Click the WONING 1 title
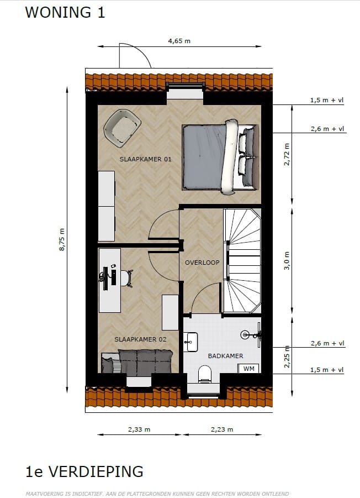click(x=65, y=13)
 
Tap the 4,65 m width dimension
click(x=179, y=41)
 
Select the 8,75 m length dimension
click(x=62, y=240)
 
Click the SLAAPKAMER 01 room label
click(x=146, y=159)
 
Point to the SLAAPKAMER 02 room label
click(x=140, y=339)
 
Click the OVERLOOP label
click(x=202, y=263)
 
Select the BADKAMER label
click(x=225, y=356)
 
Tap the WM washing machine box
click(x=249, y=368)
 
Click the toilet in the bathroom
click(x=204, y=374)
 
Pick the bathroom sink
click(x=191, y=342)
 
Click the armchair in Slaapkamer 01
click(x=123, y=127)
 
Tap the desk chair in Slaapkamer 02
click(x=126, y=277)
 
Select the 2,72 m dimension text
click(x=287, y=155)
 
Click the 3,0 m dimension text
click(x=287, y=261)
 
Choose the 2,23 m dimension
click(x=222, y=429)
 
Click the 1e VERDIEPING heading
click(x=84, y=471)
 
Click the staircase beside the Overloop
click(x=242, y=260)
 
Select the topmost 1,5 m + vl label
click(x=327, y=101)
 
